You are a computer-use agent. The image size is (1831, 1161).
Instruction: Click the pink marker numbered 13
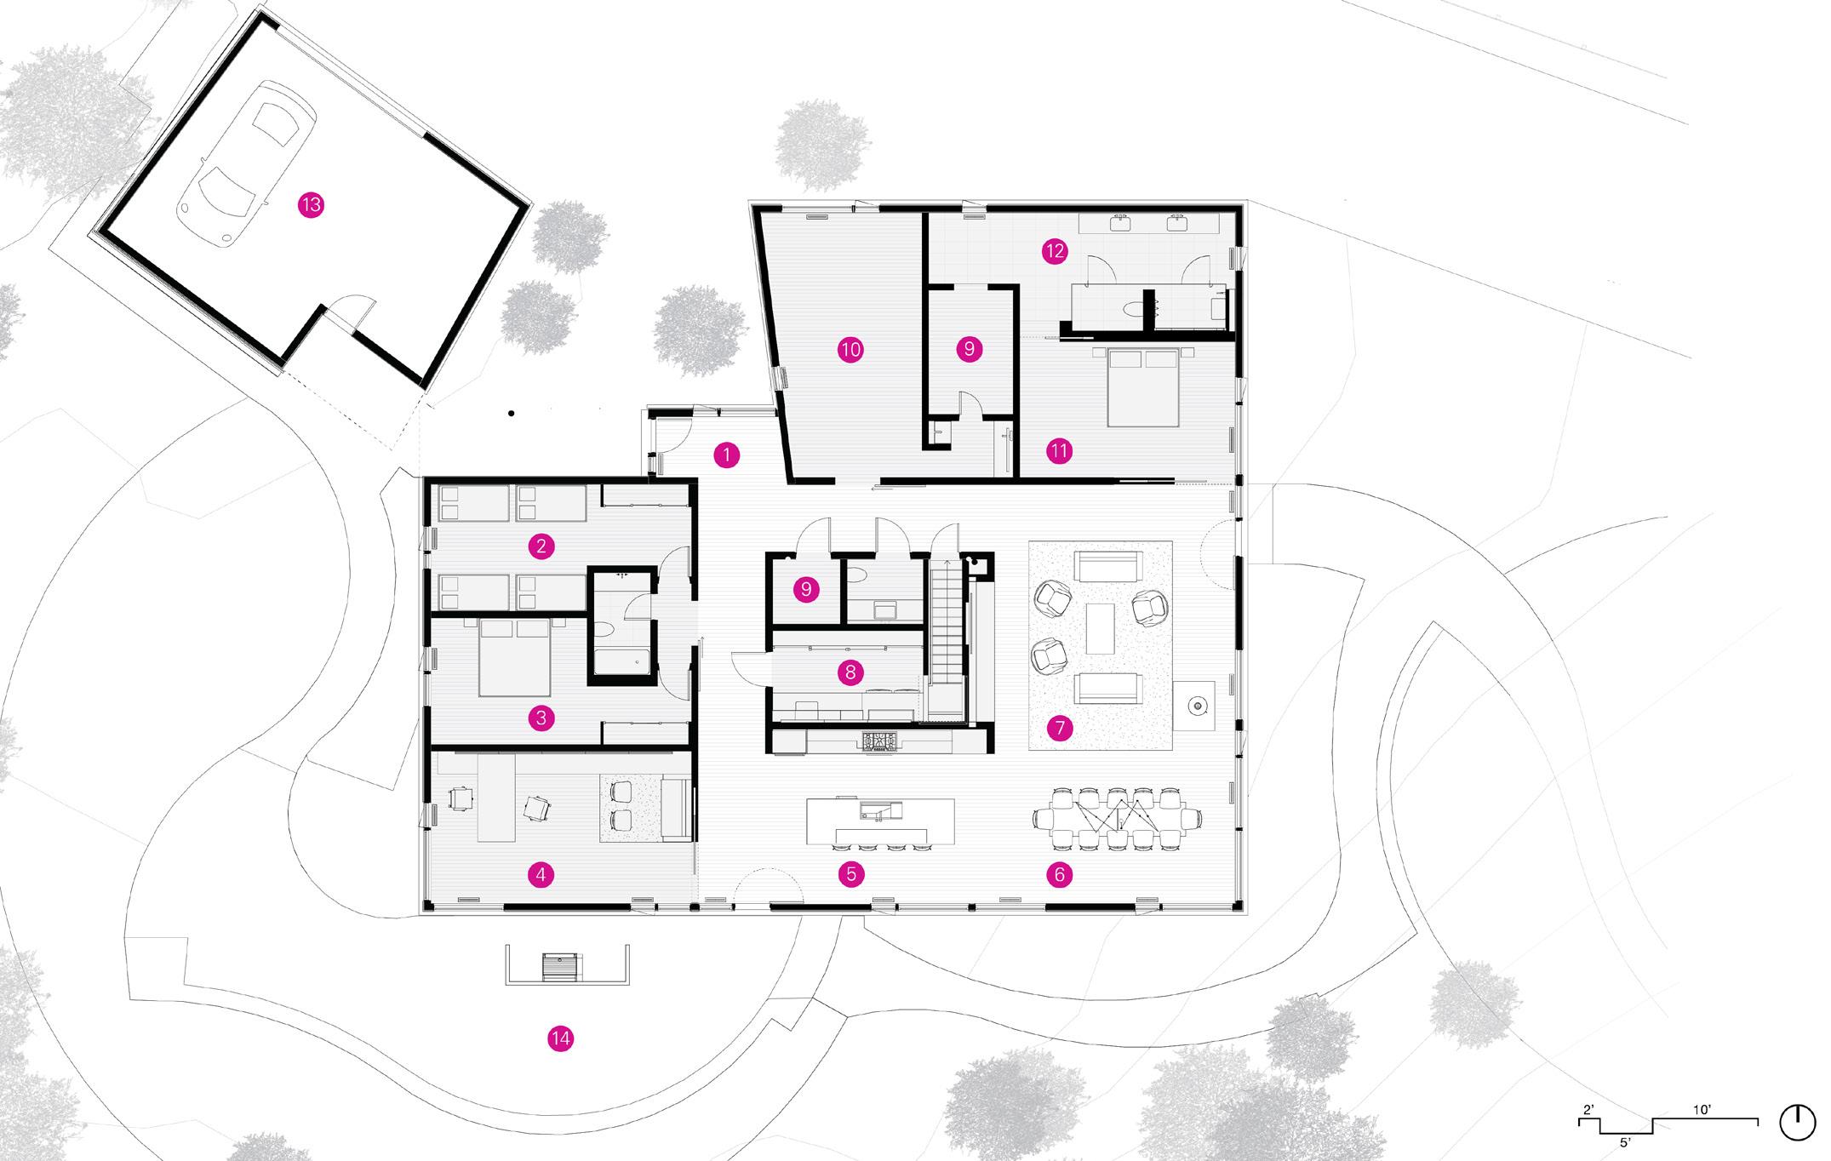[x=312, y=205]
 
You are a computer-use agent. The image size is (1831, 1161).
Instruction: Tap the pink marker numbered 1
[x=726, y=455]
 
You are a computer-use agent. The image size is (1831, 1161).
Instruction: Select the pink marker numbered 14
[x=561, y=1038]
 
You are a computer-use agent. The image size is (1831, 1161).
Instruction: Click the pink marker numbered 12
[x=1055, y=251]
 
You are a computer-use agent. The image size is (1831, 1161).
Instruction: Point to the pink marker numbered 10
[x=850, y=349]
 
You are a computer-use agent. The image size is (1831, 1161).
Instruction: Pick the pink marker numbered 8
[x=850, y=673]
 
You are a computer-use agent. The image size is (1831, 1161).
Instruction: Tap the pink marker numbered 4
[x=541, y=873]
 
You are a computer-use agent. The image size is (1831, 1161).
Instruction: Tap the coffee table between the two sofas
[x=1100, y=628]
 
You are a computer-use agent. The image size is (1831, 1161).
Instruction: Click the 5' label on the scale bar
[x=1625, y=1143]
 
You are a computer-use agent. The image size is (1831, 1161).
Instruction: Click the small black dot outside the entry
[x=511, y=414]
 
